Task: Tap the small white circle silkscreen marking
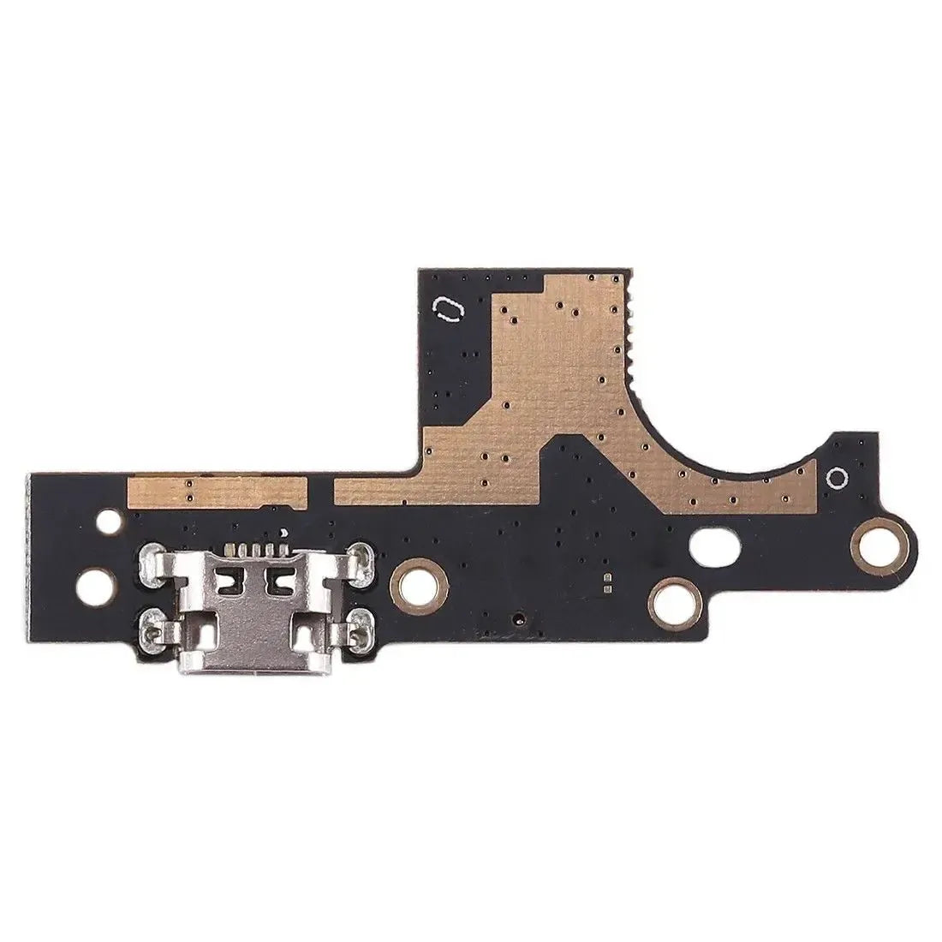(838, 478)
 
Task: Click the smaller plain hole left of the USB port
(108, 519)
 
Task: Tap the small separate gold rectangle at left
(217, 490)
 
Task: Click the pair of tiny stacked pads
(606, 583)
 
